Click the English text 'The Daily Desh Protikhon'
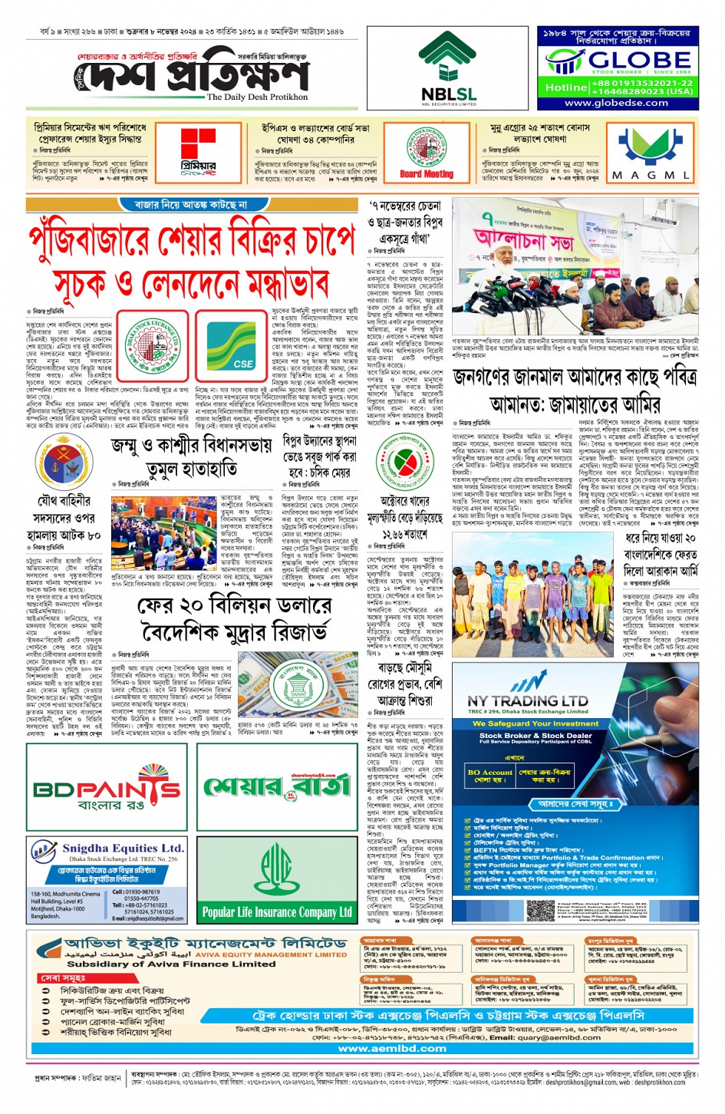(256, 97)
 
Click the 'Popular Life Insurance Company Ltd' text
(277, 912)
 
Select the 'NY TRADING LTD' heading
(527, 700)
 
